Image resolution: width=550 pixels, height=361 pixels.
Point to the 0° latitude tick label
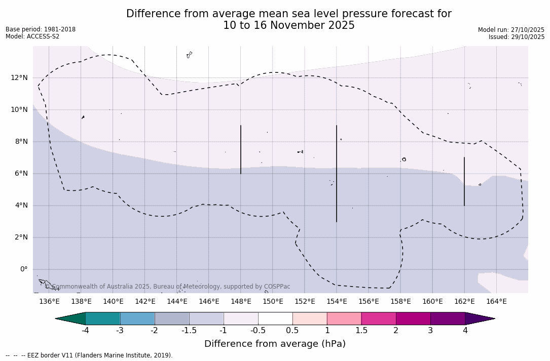click(24, 269)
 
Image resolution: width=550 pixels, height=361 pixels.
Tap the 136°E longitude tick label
click(49, 302)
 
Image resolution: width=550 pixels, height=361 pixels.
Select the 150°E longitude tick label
click(273, 302)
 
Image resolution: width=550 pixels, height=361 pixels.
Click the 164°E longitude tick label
click(496, 302)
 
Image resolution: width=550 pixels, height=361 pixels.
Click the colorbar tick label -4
click(86, 331)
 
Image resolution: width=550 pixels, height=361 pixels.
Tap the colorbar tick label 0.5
click(292, 331)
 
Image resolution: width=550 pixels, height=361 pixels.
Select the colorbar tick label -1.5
click(189, 331)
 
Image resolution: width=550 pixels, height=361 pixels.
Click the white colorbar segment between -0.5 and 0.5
click(275, 318)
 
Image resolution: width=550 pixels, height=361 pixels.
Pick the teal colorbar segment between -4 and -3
click(103, 318)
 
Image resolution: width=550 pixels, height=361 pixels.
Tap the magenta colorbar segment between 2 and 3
click(413, 318)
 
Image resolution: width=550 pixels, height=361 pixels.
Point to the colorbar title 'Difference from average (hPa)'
click(275, 344)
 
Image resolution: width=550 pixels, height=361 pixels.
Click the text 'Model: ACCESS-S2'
click(32, 36)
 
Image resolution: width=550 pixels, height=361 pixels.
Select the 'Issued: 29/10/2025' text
click(516, 37)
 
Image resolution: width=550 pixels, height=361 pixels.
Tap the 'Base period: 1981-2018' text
click(41, 29)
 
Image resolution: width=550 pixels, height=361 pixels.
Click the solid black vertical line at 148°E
click(241, 149)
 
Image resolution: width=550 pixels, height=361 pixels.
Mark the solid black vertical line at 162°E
click(464, 181)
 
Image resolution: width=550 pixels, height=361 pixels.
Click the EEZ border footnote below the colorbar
click(89, 355)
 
